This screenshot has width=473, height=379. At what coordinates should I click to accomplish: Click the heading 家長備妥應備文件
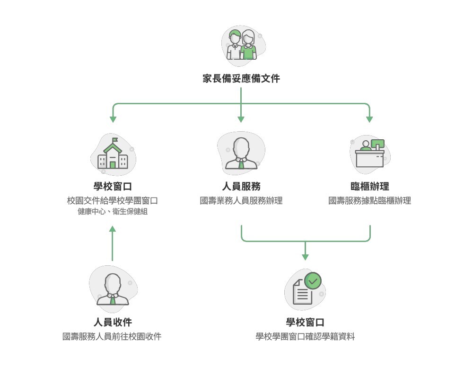(x=241, y=79)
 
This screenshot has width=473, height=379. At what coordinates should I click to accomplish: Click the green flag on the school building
(x=115, y=140)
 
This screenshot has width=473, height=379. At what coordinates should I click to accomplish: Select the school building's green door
(x=113, y=164)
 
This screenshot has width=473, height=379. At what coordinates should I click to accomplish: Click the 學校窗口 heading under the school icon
(x=112, y=186)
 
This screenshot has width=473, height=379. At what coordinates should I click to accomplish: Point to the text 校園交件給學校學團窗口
(x=112, y=201)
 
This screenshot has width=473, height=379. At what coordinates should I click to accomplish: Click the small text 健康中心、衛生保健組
(x=113, y=212)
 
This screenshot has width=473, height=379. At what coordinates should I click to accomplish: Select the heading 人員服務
(x=241, y=186)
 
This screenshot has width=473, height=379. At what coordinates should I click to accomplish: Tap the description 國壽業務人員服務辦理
(x=241, y=201)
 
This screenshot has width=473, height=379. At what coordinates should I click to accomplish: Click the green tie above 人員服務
(x=241, y=164)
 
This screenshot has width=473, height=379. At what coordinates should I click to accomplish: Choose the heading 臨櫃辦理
(x=370, y=186)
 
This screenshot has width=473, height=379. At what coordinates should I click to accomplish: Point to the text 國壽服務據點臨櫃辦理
(x=370, y=201)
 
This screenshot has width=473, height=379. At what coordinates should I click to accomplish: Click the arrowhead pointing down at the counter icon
(x=369, y=119)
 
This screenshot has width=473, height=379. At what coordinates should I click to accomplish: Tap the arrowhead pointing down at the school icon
(x=113, y=119)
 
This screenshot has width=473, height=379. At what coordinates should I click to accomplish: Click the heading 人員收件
(x=112, y=322)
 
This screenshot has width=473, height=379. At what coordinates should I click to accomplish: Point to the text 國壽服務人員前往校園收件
(x=112, y=337)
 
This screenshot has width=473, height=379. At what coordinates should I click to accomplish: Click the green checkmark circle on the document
(x=313, y=281)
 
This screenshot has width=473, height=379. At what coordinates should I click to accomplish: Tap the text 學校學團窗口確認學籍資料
(x=305, y=337)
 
